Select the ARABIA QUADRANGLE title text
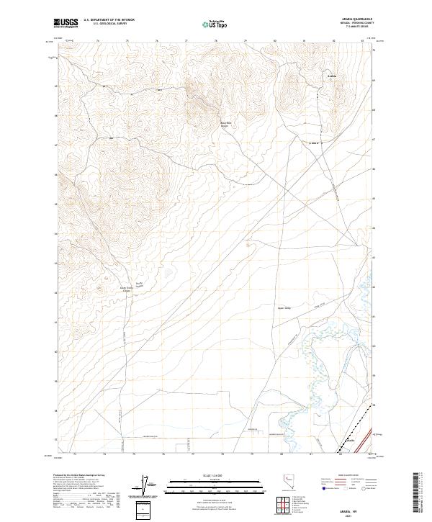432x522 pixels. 351,19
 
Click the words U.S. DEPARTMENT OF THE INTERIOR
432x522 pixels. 109,20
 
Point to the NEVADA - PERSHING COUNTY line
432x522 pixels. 351,23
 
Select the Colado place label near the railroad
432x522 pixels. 351,440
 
